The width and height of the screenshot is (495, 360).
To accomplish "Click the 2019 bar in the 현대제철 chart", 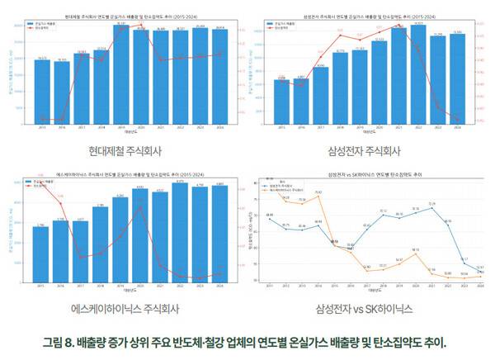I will pos(121,74).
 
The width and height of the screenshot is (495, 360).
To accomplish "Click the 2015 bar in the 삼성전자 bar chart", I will pos(281,102).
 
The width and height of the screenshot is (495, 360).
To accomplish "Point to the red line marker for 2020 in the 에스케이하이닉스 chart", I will pos(141,206).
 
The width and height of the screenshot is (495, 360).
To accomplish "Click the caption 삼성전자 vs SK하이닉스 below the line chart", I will pos(364,309).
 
